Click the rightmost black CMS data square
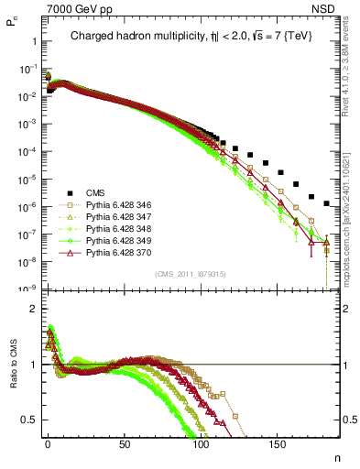point(327,202)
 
